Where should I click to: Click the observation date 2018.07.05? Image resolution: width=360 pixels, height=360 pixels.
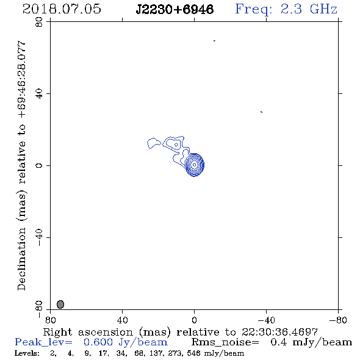pyautogui.click(x=62, y=9)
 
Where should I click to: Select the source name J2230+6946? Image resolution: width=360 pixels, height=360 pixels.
pyautogui.click(x=175, y=9)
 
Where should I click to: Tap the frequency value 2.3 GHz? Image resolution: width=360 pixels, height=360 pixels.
pyautogui.click(x=309, y=9)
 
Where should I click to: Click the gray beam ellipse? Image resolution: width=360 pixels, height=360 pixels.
pyautogui.click(x=60, y=304)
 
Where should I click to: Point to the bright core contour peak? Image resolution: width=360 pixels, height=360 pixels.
pyautogui.click(x=194, y=165)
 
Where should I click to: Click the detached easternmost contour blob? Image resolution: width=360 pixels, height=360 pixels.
pyautogui.click(x=153, y=143)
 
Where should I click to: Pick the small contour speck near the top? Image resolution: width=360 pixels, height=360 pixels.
pyautogui.click(x=214, y=41)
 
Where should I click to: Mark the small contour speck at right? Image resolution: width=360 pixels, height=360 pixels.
pyautogui.click(x=262, y=112)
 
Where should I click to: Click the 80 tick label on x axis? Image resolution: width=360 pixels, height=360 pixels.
pyautogui.click(x=50, y=320)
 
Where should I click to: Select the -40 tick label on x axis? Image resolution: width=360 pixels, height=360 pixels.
pyautogui.click(x=266, y=320)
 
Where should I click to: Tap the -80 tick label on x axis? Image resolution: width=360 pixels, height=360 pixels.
pyautogui.click(x=338, y=320)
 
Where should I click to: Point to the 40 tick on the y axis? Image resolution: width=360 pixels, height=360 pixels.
pyautogui.click(x=39, y=94)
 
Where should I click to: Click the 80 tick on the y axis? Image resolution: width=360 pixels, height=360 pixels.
pyautogui.click(x=39, y=22)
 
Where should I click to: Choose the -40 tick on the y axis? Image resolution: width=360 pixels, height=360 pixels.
pyautogui.click(x=39, y=237)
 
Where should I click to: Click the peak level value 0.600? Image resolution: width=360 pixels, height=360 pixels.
pyautogui.click(x=98, y=342)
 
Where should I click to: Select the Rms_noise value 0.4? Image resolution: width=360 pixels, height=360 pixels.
pyautogui.click(x=278, y=342)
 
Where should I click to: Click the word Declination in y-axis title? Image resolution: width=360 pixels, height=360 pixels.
pyautogui.click(x=21, y=259)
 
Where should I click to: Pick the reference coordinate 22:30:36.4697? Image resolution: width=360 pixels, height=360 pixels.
pyautogui.click(x=279, y=332)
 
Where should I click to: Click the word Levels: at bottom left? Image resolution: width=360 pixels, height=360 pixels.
pyautogui.click(x=27, y=353)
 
